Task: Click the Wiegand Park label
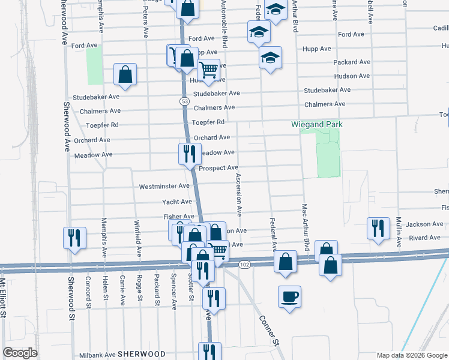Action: click(x=316, y=124)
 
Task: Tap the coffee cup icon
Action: click(x=289, y=296)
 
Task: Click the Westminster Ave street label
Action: click(x=164, y=187)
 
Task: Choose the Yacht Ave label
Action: click(x=176, y=202)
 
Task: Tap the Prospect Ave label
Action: click(x=218, y=168)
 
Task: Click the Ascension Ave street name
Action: click(x=239, y=194)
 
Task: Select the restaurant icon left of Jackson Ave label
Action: click(x=378, y=228)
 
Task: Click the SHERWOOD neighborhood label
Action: click(x=141, y=354)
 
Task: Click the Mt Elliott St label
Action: click(x=3, y=297)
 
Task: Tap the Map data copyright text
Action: click(x=411, y=355)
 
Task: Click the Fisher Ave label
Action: click(x=179, y=217)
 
